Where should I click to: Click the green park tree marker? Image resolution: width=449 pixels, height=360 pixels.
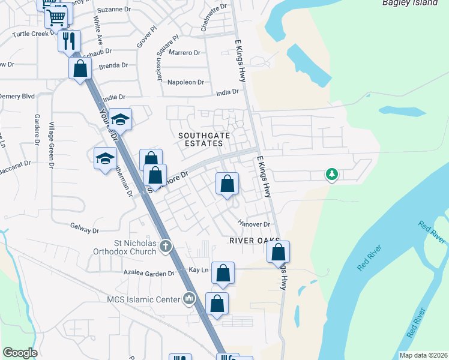tap(331, 175)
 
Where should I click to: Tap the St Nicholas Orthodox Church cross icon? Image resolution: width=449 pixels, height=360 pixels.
tap(166, 245)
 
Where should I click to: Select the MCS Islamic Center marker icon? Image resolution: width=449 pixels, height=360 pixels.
tap(190, 298)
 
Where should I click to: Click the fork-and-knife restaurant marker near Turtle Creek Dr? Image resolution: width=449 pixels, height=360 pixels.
tap(68, 41)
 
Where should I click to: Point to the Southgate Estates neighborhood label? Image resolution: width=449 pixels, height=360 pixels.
tap(204, 140)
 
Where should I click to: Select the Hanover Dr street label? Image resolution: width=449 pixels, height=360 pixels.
tap(253, 224)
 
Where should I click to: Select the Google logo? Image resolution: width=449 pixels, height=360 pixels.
tap(20, 353)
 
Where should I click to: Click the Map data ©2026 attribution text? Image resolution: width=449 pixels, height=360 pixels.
tap(423, 355)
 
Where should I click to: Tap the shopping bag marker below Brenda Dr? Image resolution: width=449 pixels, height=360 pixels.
tap(80, 68)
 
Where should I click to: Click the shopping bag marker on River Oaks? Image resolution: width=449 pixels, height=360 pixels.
tap(279, 251)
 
